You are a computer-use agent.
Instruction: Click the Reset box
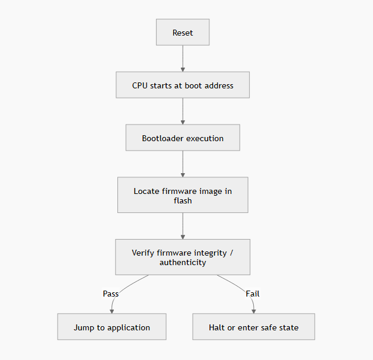point(183,33)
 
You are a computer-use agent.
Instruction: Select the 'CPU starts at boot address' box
point(183,85)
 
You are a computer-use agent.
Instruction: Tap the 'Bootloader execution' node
point(183,138)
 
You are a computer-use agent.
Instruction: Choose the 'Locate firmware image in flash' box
point(183,195)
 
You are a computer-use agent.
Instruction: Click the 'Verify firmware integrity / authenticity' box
point(183,257)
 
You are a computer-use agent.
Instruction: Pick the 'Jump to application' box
point(111,327)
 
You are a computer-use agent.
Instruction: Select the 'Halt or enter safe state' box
point(254,327)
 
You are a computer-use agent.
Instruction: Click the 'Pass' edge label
point(111,294)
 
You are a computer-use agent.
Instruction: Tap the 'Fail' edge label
point(253,294)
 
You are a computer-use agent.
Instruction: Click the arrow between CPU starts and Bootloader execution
point(183,111)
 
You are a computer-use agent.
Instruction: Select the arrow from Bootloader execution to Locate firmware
point(183,164)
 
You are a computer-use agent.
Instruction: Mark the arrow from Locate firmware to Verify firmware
point(183,225)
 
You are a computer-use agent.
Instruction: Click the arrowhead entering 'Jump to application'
point(111,311)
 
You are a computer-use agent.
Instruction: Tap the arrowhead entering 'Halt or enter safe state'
point(254,311)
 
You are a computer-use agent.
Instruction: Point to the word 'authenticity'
point(183,263)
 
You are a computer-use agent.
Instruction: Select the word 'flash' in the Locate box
point(183,200)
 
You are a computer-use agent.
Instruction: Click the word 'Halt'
point(218,327)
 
